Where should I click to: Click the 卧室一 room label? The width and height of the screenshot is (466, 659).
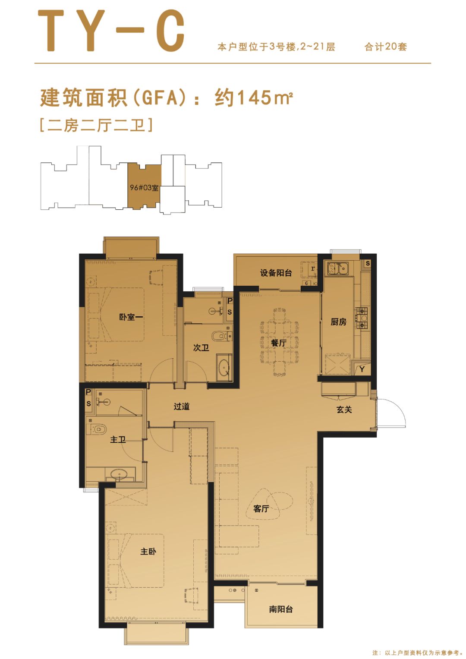click(x=131, y=317)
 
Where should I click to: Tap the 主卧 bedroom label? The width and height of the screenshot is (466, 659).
click(x=148, y=552)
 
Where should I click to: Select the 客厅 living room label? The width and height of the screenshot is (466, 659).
click(x=261, y=509)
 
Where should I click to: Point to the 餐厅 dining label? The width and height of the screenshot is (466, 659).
click(x=279, y=343)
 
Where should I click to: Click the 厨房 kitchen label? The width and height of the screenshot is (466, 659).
click(x=338, y=322)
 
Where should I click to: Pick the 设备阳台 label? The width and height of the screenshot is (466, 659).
click(x=276, y=273)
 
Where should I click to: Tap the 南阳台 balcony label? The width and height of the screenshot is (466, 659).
click(x=281, y=609)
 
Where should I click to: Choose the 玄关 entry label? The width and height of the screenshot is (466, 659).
click(x=344, y=410)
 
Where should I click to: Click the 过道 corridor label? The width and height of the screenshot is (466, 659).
click(x=182, y=406)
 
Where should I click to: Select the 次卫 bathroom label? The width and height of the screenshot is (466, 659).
click(x=201, y=347)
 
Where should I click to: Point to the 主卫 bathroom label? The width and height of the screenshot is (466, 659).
click(x=118, y=440)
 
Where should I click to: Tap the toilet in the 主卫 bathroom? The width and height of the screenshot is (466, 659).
click(x=98, y=429)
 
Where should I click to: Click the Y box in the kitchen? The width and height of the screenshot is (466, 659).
click(x=362, y=369)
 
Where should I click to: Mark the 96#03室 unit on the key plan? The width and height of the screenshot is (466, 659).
click(x=144, y=188)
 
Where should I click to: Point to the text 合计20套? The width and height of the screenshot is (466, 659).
click(x=385, y=47)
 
